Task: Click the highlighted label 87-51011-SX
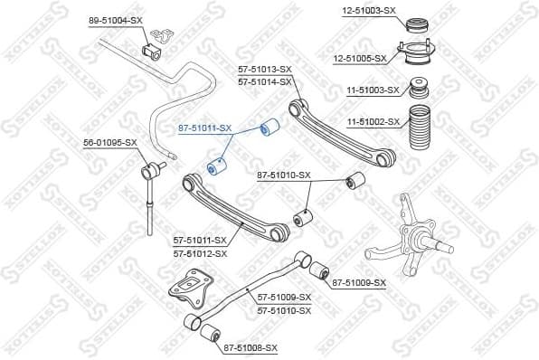[x=203, y=129]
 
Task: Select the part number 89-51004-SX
[x=115, y=20]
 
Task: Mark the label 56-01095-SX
[x=110, y=143]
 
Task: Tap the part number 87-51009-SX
[x=359, y=283]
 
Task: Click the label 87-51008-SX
[x=251, y=347]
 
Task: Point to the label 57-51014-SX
[x=264, y=81]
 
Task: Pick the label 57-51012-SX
[x=200, y=253]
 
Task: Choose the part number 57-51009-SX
[x=284, y=298]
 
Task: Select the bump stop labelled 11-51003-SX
[x=419, y=90]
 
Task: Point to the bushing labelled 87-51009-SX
[x=318, y=270]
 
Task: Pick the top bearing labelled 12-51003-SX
[x=419, y=23]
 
